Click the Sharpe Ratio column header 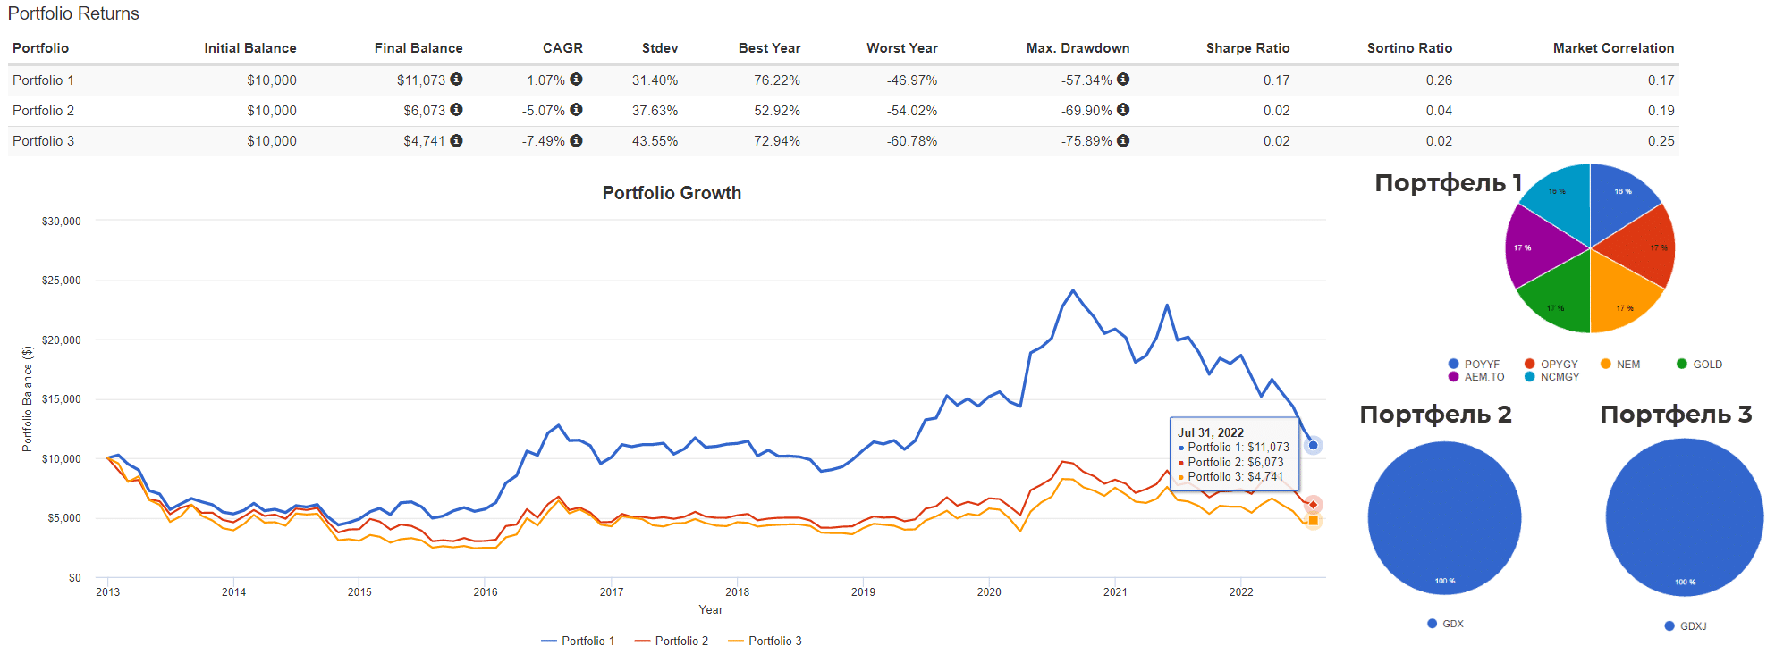tap(1247, 48)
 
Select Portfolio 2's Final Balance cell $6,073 tap(424, 111)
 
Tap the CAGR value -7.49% tap(544, 141)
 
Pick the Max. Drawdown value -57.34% tap(1086, 80)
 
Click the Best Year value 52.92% tap(776, 111)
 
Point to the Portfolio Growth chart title tap(672, 193)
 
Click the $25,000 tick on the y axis tap(61, 281)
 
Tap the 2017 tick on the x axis tap(612, 592)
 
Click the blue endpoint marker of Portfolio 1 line tap(1313, 445)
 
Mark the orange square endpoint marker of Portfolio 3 tap(1313, 521)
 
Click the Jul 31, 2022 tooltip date tap(1211, 432)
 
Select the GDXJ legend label tap(1693, 626)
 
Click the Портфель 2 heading tap(1435, 415)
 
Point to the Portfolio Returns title tap(73, 13)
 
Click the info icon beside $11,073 tap(456, 80)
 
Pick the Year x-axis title tap(711, 610)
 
